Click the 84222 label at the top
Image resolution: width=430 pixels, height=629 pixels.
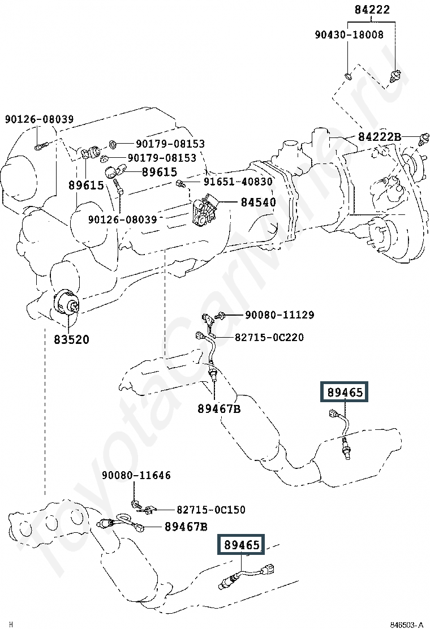[x=372, y=10]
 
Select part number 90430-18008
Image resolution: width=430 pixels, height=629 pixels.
[x=349, y=35]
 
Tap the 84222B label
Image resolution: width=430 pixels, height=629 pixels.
[x=380, y=137]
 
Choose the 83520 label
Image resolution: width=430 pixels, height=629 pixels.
[x=71, y=339]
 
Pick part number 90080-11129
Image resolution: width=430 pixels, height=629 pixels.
[x=279, y=315]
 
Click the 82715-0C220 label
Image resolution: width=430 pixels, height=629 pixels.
[x=269, y=338]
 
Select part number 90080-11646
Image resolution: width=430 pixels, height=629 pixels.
[x=136, y=476]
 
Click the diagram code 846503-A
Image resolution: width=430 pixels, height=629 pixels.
[x=407, y=624]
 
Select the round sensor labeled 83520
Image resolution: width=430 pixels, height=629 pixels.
[x=66, y=302]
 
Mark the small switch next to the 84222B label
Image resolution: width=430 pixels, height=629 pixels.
[x=424, y=137]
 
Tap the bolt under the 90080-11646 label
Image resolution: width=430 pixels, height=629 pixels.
[x=136, y=503]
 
